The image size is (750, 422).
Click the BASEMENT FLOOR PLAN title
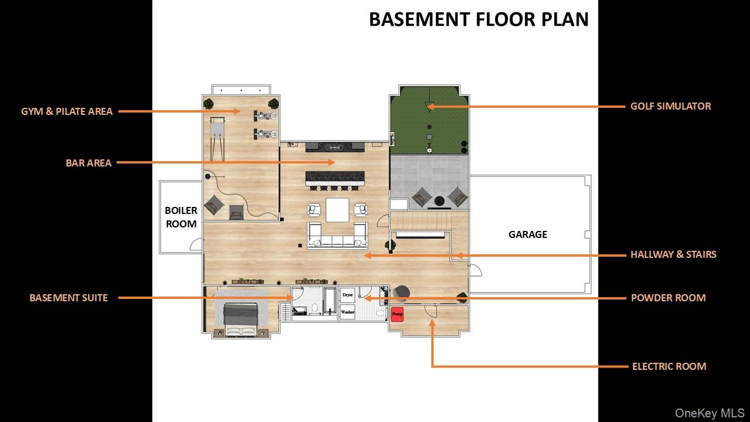479,19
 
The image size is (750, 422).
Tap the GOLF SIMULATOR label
671,106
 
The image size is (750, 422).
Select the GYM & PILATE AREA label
67,111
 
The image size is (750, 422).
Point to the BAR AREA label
88,163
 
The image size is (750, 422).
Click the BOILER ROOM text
181,217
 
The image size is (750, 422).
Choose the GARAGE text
528,234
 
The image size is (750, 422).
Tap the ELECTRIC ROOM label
669,366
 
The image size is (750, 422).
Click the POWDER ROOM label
669,298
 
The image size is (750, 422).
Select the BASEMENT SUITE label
69,298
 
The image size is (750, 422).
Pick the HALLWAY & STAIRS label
673,254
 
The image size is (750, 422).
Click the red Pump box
397,315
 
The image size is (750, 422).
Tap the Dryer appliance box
347,295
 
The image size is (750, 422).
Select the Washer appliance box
347,312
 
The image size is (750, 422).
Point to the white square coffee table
337,210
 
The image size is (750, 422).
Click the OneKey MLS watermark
710,413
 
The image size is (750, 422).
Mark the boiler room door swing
195,243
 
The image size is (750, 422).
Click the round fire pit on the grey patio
439,201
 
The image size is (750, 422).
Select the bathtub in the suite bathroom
330,300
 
